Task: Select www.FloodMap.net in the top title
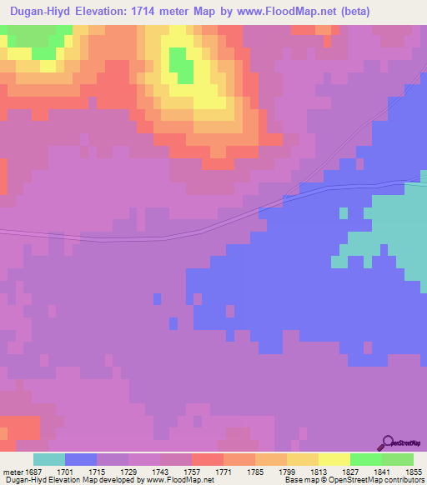point(281,12)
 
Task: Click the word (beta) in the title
point(351,12)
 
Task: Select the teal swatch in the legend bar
point(49,459)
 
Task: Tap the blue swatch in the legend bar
point(81,459)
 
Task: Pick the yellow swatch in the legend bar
point(334,459)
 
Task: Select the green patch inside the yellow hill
point(179,63)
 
